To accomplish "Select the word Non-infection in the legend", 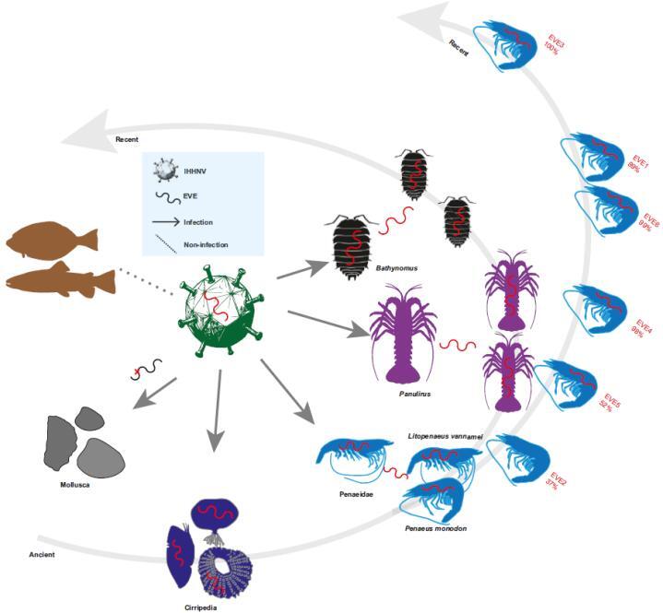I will click(206, 244).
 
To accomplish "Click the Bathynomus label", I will click(397, 268).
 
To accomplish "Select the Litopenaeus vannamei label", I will click(445, 436).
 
